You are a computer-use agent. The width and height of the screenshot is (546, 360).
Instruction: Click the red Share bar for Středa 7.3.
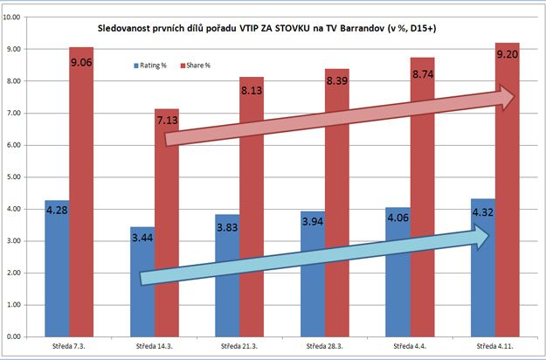[82, 192]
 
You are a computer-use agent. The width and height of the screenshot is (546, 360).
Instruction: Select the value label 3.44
[142, 238]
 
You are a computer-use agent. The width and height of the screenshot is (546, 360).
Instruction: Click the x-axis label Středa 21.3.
[238, 348]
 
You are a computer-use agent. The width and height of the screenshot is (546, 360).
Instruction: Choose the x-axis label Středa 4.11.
[494, 348]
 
